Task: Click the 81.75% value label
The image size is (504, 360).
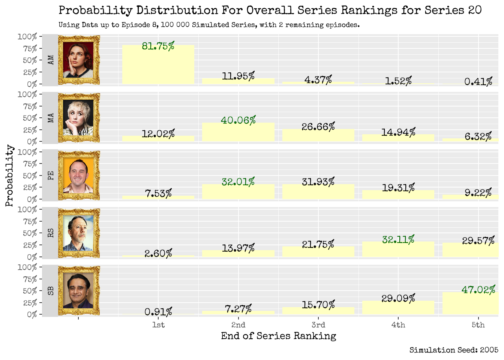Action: tap(158, 46)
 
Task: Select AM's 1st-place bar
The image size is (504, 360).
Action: tap(158, 66)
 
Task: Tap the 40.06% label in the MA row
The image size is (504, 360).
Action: tap(238, 120)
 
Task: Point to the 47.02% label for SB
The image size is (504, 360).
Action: tap(478, 290)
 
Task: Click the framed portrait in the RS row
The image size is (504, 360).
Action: tap(79, 233)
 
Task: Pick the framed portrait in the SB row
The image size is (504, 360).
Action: tap(79, 291)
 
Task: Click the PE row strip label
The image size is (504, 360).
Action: tap(51, 175)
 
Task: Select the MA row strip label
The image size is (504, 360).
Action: tap(51, 118)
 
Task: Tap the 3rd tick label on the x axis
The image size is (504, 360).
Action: tap(318, 325)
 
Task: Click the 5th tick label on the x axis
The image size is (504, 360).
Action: tap(478, 325)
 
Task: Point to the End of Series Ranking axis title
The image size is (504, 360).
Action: tap(278, 336)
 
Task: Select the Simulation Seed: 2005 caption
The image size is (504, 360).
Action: tap(454, 350)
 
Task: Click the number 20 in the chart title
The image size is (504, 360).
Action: tap(474, 10)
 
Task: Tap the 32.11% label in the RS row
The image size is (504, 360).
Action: tap(398, 240)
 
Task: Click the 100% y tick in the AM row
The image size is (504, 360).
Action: tap(27, 37)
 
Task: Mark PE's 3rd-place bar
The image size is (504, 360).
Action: tap(318, 192)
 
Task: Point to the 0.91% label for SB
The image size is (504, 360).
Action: tap(158, 312)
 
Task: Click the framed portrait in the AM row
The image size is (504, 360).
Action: tap(79, 60)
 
